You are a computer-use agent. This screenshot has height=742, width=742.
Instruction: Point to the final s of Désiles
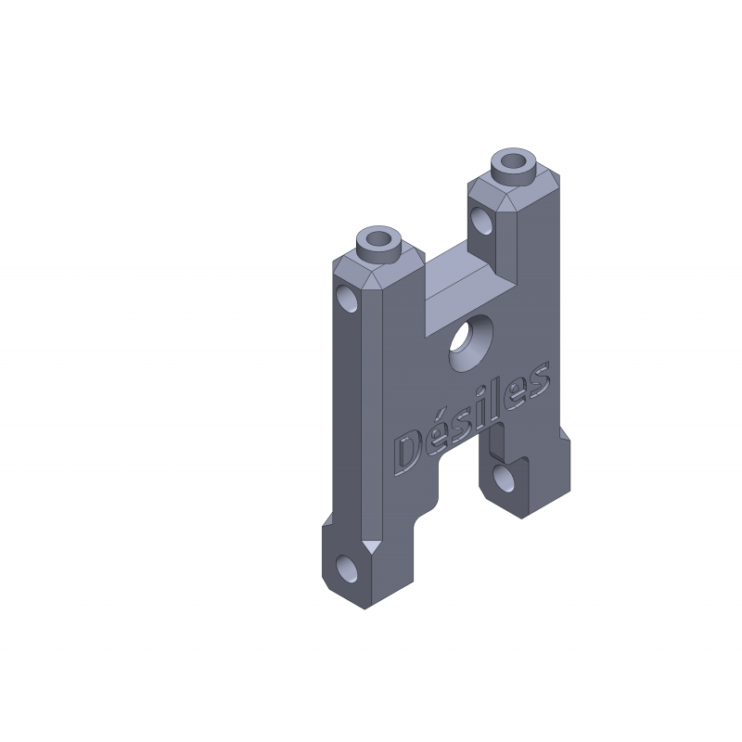539,379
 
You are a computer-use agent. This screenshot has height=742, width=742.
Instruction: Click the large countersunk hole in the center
470,343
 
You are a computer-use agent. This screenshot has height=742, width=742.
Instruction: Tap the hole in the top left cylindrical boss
377,239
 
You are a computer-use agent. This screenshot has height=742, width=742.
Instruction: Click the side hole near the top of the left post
347,298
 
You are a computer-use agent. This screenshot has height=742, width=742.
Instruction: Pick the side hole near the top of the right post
481,221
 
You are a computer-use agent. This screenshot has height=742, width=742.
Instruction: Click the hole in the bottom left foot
346,569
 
